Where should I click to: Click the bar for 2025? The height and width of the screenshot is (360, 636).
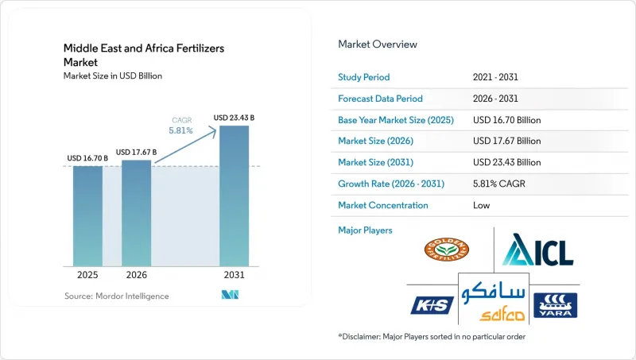(87, 216)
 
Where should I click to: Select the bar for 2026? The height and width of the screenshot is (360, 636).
(136, 213)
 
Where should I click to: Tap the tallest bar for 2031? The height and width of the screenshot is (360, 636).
(234, 195)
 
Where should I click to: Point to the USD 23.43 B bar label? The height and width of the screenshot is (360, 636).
(234, 118)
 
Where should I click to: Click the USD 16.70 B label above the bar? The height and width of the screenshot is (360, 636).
(87, 158)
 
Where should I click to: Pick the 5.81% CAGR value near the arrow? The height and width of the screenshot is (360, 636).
(181, 130)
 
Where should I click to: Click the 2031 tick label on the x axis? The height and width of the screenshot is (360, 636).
(234, 275)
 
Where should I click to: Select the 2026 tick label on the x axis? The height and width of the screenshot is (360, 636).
(136, 275)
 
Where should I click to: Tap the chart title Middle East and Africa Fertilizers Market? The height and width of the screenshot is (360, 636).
(144, 55)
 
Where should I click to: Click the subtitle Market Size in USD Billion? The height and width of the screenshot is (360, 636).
(113, 75)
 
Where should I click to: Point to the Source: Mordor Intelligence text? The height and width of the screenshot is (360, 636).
(116, 296)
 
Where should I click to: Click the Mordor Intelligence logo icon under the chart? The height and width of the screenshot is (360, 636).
(230, 295)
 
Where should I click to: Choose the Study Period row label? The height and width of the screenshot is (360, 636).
(364, 77)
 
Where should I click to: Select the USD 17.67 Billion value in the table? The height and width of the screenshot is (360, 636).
(506, 141)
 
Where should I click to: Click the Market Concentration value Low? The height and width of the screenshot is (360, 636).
(481, 205)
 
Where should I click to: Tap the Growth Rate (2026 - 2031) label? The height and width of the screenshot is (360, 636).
(391, 184)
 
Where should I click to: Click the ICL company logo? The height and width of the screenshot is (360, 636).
(538, 250)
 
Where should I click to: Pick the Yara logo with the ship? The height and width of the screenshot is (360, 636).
(555, 305)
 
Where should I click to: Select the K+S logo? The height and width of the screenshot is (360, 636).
(432, 305)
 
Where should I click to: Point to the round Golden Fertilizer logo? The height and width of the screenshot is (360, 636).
(447, 250)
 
